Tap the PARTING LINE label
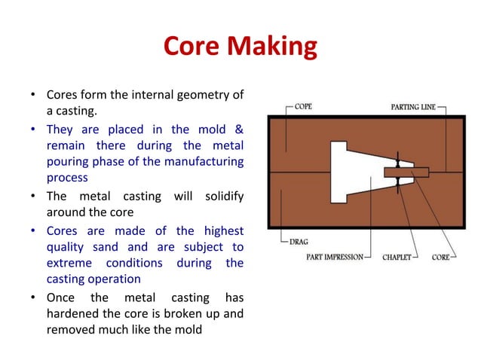click(416, 107)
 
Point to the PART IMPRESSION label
click(334, 257)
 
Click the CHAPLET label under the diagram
click(396, 257)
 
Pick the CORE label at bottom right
click(441, 257)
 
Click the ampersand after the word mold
click(237, 129)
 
